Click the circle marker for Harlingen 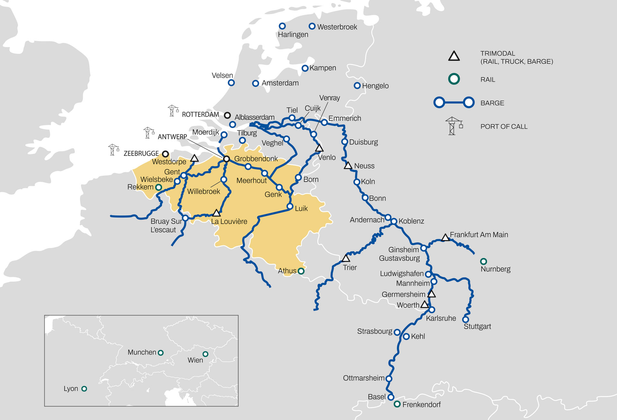tap(282, 26)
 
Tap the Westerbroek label tap(337, 27)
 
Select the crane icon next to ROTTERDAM tap(173, 111)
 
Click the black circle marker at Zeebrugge tap(165, 154)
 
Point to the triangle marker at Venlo tap(319, 148)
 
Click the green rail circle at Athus tap(301, 271)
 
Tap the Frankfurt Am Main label tap(478, 235)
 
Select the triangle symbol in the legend tap(454, 56)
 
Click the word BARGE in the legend tap(492, 103)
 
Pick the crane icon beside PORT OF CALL tap(453, 126)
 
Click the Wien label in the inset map tap(195, 360)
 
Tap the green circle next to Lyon tap(84, 389)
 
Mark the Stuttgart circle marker tap(465, 319)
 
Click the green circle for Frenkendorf tap(397, 404)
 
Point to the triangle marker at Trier tap(346, 258)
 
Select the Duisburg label tap(363, 142)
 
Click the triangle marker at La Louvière tap(216, 213)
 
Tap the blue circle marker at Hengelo tap(357, 86)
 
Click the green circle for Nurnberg tap(483, 261)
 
